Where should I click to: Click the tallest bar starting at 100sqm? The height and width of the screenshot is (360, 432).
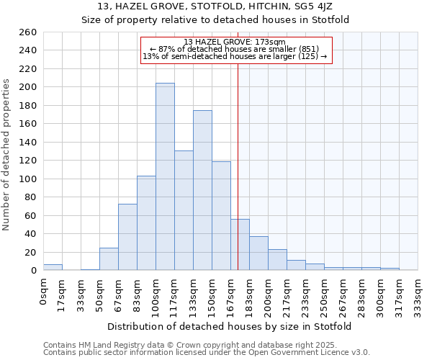[x=165, y=176]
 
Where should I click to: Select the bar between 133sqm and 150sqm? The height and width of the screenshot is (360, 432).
[x=202, y=190]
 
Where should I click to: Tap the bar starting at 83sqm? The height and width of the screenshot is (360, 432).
[x=146, y=222]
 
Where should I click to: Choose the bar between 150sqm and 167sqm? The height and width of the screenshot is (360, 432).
[x=221, y=215]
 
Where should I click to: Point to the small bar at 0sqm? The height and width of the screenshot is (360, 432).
[x=53, y=267]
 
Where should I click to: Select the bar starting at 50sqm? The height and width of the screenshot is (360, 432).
[x=109, y=259]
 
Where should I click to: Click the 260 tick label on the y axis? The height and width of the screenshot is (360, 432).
[x=28, y=32]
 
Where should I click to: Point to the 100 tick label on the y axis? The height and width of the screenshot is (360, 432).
[x=28, y=179]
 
